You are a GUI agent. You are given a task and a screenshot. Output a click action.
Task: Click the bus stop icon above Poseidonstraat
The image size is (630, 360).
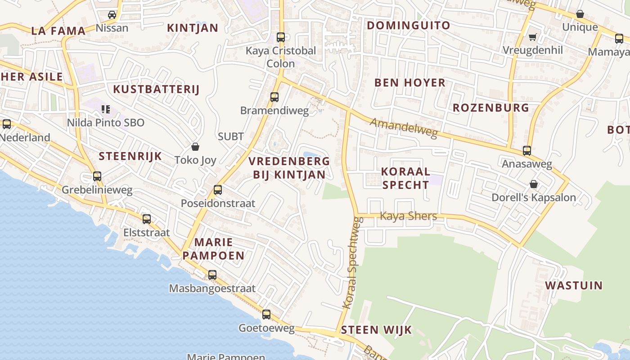tap(218, 190)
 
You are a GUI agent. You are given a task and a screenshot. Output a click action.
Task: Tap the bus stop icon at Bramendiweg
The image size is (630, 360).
tap(274, 97)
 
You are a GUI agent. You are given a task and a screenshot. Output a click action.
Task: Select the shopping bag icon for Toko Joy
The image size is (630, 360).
tap(195, 147)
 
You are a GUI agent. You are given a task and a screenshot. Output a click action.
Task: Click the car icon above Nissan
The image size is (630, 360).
tap(112, 15)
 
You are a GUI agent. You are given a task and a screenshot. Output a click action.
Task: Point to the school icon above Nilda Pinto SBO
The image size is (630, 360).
tap(106, 109)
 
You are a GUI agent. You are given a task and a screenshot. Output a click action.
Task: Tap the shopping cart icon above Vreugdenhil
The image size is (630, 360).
tap(533, 37)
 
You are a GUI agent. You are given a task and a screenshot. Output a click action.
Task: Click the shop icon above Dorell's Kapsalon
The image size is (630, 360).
tap(533, 184)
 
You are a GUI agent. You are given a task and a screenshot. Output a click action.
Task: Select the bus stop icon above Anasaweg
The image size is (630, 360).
tap(526, 151)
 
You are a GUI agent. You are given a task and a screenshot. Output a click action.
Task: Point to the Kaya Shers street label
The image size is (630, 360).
tap(408, 216)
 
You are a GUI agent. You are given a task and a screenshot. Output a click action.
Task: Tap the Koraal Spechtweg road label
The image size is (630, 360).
tap(353, 263)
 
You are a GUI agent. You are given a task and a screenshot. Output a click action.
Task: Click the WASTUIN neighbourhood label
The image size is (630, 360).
tap(574, 285)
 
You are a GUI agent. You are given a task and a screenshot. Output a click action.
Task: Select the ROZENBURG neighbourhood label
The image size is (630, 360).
tap(490, 108)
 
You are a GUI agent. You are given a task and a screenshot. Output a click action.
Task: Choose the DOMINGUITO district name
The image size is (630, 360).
tap(408, 25)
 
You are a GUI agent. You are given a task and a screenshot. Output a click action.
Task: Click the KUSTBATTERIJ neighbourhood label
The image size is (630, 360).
tap(156, 89)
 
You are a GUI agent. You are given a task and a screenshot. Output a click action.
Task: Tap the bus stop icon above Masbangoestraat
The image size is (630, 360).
tap(212, 274)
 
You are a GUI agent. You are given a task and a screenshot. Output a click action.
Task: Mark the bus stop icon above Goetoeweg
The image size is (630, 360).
tap(266, 315)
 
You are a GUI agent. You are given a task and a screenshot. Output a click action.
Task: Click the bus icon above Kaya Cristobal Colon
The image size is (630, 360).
tap(281, 37)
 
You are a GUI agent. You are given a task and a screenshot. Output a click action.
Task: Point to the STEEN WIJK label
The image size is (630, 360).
tap(376, 330)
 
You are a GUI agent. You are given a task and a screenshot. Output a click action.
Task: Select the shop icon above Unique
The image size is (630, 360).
tap(580, 14)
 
